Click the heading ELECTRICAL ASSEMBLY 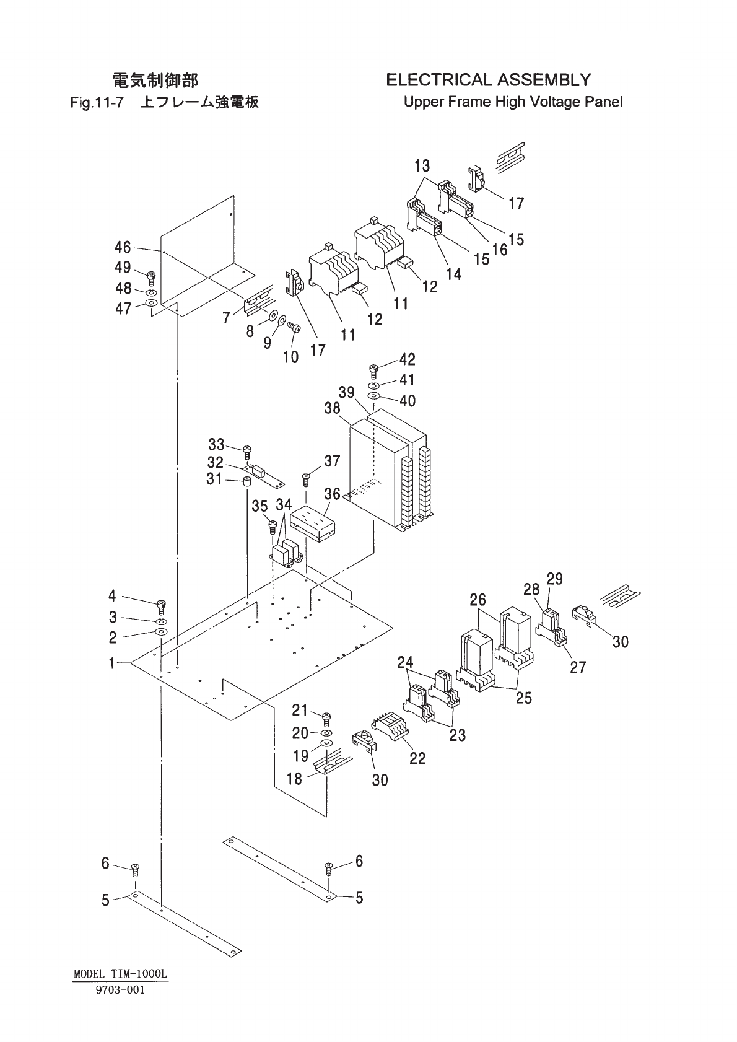[488, 80]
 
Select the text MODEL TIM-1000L [121, 974]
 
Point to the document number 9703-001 [121, 990]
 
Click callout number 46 [123, 247]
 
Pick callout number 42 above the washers [408, 359]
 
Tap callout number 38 [332, 408]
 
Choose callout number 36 [332, 494]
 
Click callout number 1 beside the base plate [112, 663]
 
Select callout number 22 [417, 758]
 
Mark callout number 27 [578, 667]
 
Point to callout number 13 [422, 165]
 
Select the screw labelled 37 [305, 478]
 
